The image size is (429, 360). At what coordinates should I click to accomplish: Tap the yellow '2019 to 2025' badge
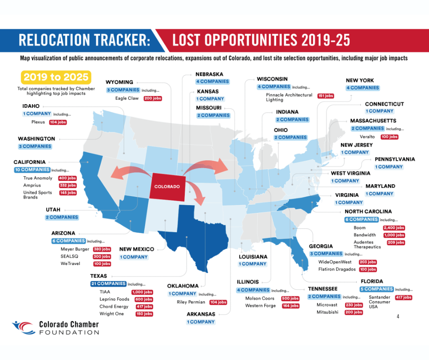[55, 77]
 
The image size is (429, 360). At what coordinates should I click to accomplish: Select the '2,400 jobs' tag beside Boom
[394, 228]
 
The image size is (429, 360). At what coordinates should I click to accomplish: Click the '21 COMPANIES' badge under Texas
[108, 284]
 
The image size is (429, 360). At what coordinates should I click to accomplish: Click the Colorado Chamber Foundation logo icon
[23, 328]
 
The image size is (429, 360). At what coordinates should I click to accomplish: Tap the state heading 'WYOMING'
[120, 82]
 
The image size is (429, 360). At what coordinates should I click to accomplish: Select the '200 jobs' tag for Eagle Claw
[152, 98]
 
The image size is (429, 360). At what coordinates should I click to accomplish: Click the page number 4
[398, 316]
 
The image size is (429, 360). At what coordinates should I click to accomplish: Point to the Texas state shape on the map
[196, 233]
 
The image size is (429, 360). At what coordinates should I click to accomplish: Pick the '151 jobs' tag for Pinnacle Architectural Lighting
[325, 96]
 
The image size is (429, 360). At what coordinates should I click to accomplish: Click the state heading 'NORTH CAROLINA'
[368, 212]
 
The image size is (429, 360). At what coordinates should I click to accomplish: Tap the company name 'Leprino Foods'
[114, 299]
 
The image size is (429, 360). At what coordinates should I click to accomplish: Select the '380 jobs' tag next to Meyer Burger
[102, 249]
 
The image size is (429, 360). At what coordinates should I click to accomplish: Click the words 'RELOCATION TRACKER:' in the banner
[84, 41]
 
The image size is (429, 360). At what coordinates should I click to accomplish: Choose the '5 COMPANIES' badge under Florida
[377, 289]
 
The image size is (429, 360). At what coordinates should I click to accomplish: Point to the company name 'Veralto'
[367, 137]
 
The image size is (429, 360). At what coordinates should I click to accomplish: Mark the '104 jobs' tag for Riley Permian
[218, 302]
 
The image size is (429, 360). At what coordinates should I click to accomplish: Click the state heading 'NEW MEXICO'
[136, 249]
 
